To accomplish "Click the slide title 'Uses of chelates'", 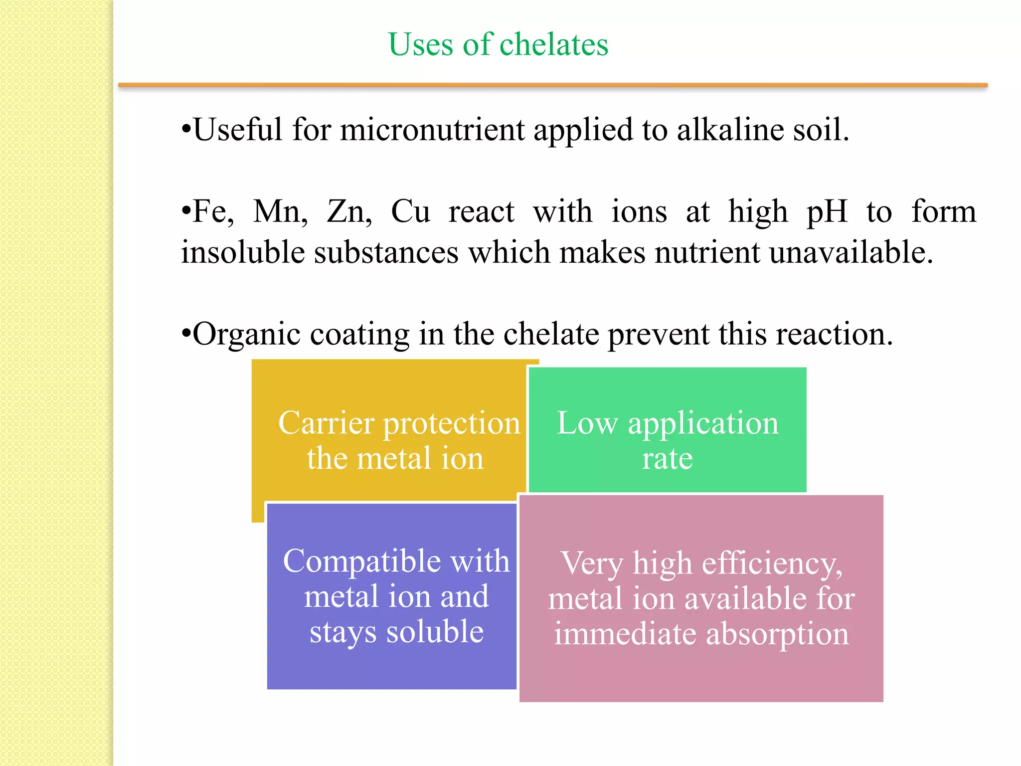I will (x=498, y=44).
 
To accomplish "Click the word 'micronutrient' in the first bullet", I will (x=432, y=130).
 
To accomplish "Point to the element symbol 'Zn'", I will (x=347, y=211).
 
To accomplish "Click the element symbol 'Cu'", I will (x=410, y=211).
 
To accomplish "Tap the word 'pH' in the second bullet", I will (x=827, y=211).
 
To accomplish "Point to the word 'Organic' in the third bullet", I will (x=246, y=334).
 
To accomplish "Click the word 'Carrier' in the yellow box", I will (x=326, y=423).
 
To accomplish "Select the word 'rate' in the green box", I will (x=667, y=459).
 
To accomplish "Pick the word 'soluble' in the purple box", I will (x=435, y=632).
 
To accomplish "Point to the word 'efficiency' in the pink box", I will (x=771, y=564).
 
